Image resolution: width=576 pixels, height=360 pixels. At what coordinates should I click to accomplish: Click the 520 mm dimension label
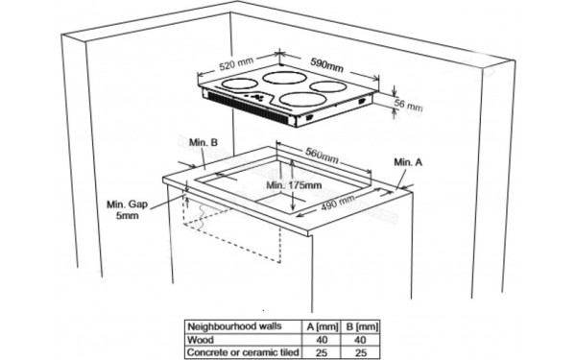pyautogui.click(x=236, y=63)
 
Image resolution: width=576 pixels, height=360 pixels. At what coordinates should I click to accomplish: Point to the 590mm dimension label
pyautogui.click(x=327, y=64)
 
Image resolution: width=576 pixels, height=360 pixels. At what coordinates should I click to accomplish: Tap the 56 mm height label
pyautogui.click(x=408, y=105)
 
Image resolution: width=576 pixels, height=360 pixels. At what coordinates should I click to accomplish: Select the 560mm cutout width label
pyautogui.click(x=322, y=156)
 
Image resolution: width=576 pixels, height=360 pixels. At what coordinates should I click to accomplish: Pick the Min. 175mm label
pyautogui.click(x=294, y=185)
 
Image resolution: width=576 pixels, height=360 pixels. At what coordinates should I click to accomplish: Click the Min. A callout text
pyautogui.click(x=408, y=162)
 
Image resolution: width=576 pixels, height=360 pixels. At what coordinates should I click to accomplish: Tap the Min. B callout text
pyautogui.click(x=204, y=142)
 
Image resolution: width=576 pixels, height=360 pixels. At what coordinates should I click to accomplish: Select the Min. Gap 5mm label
pyautogui.click(x=127, y=209)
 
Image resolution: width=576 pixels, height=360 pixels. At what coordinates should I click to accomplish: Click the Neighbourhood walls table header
pyautogui.click(x=234, y=326)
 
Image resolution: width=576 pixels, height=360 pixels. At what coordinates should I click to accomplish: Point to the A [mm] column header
pyautogui.click(x=322, y=327)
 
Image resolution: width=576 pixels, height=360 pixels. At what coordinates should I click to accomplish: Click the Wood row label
pyautogui.click(x=201, y=340)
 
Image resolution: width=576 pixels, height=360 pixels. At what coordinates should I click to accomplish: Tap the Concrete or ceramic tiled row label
pyautogui.click(x=243, y=352)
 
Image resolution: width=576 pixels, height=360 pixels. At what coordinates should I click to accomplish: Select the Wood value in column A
pyautogui.click(x=322, y=340)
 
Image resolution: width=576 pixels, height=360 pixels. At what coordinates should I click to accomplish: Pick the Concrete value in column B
pyautogui.click(x=361, y=353)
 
